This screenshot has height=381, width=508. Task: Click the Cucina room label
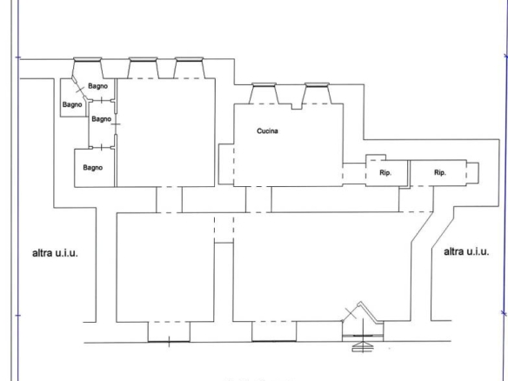point(267,130)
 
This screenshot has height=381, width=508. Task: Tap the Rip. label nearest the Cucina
point(385,173)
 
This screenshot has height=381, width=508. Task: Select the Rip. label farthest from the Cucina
point(439,173)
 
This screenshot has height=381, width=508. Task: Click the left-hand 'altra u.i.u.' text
point(55,253)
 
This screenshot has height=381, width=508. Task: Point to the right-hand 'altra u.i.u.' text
point(466,251)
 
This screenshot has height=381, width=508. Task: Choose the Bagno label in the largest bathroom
point(93,168)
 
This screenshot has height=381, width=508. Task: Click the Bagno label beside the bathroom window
point(97,86)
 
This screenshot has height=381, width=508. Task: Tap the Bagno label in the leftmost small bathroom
point(72,104)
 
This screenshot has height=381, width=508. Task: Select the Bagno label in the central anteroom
point(102,119)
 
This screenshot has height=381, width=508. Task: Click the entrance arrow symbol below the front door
point(363,347)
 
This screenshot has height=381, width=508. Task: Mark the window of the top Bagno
point(88,59)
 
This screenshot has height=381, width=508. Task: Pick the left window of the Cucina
point(264,84)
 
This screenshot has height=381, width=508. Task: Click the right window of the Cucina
point(317,84)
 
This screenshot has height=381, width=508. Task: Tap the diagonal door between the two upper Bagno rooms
point(80,88)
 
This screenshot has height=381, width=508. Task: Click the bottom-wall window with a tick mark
point(169,341)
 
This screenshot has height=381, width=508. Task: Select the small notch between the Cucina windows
point(297,106)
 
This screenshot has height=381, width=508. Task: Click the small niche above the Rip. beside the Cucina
point(376,157)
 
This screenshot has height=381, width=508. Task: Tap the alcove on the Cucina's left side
point(226,164)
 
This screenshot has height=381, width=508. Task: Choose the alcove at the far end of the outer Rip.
point(472,173)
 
